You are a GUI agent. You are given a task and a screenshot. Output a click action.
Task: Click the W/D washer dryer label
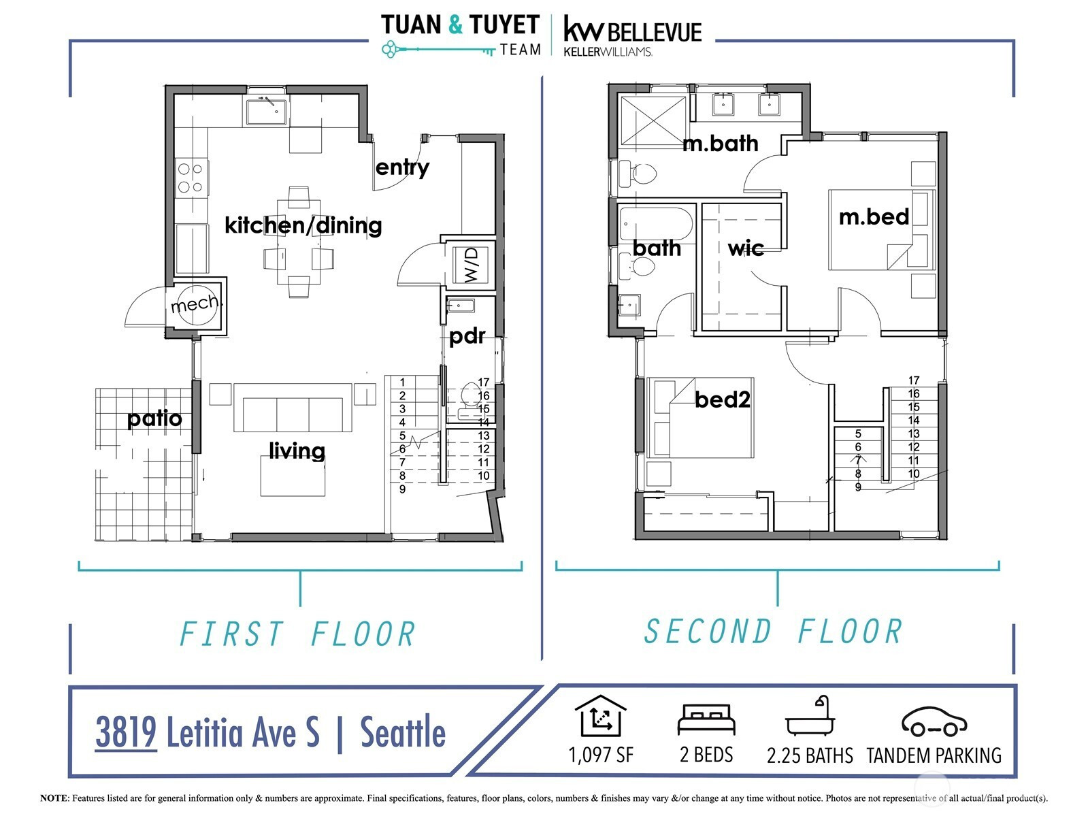pos(472,265)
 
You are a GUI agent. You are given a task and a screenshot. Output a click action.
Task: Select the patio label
pos(154,419)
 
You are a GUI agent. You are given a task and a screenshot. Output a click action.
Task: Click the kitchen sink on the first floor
pos(266,112)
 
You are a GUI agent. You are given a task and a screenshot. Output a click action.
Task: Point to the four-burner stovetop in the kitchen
pos(191,178)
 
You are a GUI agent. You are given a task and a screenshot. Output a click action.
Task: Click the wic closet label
pos(746,248)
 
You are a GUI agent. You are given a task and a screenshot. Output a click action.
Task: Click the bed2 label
pos(722,399)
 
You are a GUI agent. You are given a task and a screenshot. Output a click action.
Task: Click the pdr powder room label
pos(467,337)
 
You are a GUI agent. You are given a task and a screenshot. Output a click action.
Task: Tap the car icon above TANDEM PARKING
pos(934,721)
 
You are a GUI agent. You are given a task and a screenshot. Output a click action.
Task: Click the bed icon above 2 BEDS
pos(706,719)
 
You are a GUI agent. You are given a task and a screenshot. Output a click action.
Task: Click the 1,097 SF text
pos(601,755)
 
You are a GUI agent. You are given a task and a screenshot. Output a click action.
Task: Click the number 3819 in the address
pos(126,732)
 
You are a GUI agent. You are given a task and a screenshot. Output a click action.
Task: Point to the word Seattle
pos(403,732)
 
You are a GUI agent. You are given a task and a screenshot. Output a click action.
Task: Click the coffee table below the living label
pos(293,476)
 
